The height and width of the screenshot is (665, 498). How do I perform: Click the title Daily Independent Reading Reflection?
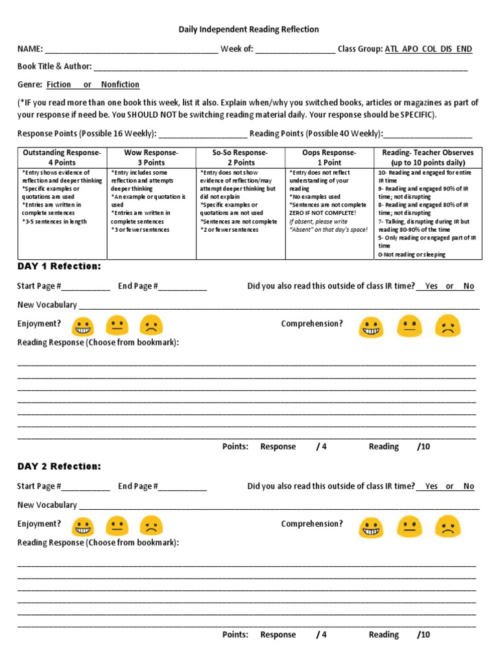(x=249, y=30)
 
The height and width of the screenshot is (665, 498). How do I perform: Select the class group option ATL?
(x=392, y=49)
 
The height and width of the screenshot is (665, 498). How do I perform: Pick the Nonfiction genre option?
(x=120, y=84)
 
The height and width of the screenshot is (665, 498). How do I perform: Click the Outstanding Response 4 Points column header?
(x=62, y=157)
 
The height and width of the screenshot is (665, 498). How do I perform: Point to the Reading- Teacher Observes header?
(x=428, y=157)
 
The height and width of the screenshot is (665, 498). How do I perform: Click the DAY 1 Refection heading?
(x=59, y=266)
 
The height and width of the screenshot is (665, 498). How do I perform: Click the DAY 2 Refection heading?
(x=59, y=466)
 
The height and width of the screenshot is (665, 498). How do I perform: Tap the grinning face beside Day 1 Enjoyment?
(x=82, y=325)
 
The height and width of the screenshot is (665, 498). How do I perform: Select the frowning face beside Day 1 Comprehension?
(x=448, y=325)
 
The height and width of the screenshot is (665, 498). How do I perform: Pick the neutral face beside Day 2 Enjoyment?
(x=117, y=525)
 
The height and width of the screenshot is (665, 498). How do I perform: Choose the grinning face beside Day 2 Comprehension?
(x=370, y=525)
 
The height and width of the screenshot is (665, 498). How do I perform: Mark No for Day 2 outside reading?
(x=469, y=486)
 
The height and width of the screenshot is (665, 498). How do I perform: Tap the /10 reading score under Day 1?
(x=423, y=447)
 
